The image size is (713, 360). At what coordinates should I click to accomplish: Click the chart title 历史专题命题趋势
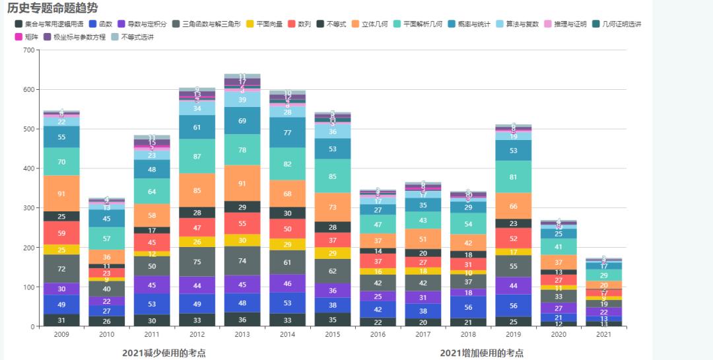click(52, 9)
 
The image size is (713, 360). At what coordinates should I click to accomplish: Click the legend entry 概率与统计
click(470, 24)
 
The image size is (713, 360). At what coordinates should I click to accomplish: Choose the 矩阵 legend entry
click(26, 37)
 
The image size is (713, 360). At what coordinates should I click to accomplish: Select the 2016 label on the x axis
click(377, 335)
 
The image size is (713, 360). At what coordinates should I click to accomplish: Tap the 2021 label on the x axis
click(603, 335)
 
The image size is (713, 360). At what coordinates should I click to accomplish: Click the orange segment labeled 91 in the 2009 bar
click(61, 194)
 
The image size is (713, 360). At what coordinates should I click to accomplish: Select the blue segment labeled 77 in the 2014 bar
click(287, 132)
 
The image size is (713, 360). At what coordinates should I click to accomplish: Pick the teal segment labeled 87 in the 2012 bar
click(197, 157)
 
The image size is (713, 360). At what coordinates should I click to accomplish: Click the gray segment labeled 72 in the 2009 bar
click(61, 269)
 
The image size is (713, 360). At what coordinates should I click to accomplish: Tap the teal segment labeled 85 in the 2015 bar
click(332, 176)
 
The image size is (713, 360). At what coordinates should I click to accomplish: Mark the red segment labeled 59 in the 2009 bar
click(61, 233)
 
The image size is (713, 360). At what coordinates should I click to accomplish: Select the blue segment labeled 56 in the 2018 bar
click(467, 307)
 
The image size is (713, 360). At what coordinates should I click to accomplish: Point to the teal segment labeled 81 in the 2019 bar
click(513, 177)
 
